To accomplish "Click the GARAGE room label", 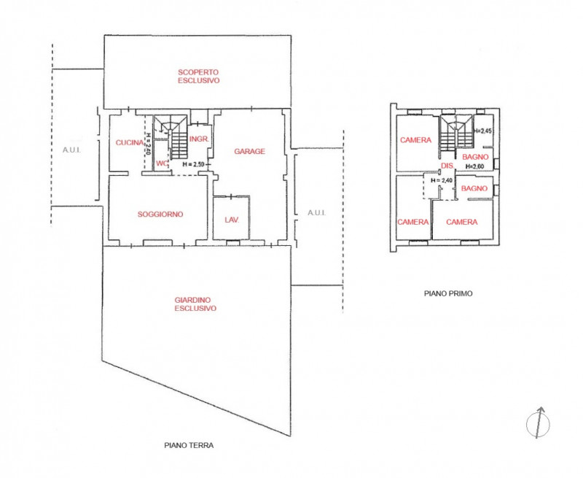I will pyautogui.click(x=249, y=152).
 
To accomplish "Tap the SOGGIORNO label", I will pyautogui.click(x=160, y=215).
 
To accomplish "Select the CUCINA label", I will pyautogui.click(x=129, y=143).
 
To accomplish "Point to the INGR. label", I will pyautogui.click(x=199, y=139).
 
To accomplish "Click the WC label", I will pyautogui.click(x=161, y=163).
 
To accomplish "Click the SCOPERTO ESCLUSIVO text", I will pyautogui.click(x=199, y=77).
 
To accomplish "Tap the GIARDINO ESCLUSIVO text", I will pyautogui.click(x=195, y=304).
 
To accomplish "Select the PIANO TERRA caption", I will pyautogui.click(x=189, y=444).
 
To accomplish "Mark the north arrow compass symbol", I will pyautogui.click(x=537, y=422).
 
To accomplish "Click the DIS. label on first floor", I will pyautogui.click(x=447, y=166).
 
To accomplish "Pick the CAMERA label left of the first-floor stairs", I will pyautogui.click(x=415, y=140).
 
